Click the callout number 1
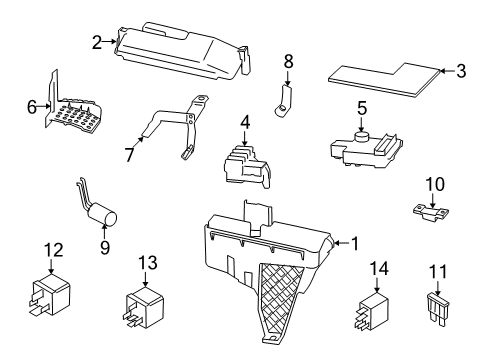(352, 242)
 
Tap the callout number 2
(97, 42)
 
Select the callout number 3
(461, 70)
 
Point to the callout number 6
(31, 104)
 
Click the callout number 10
(434, 183)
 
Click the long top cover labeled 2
(180, 52)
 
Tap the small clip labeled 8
(284, 97)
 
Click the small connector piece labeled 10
(427, 212)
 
